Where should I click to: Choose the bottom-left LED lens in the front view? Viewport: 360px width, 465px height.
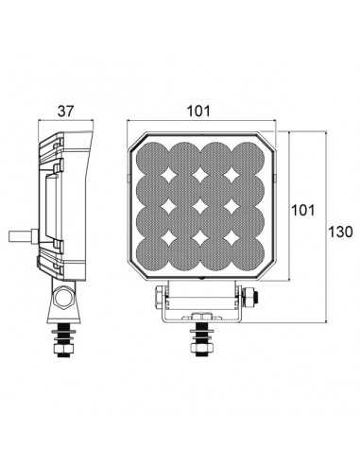(153, 258)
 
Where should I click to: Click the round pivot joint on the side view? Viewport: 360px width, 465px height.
(62, 301)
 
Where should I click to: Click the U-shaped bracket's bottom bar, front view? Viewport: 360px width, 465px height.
(200, 318)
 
